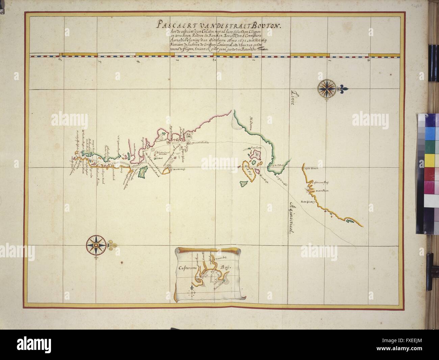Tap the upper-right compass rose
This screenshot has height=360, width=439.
pos(327,88)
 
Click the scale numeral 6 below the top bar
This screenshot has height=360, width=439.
pos(59,60)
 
